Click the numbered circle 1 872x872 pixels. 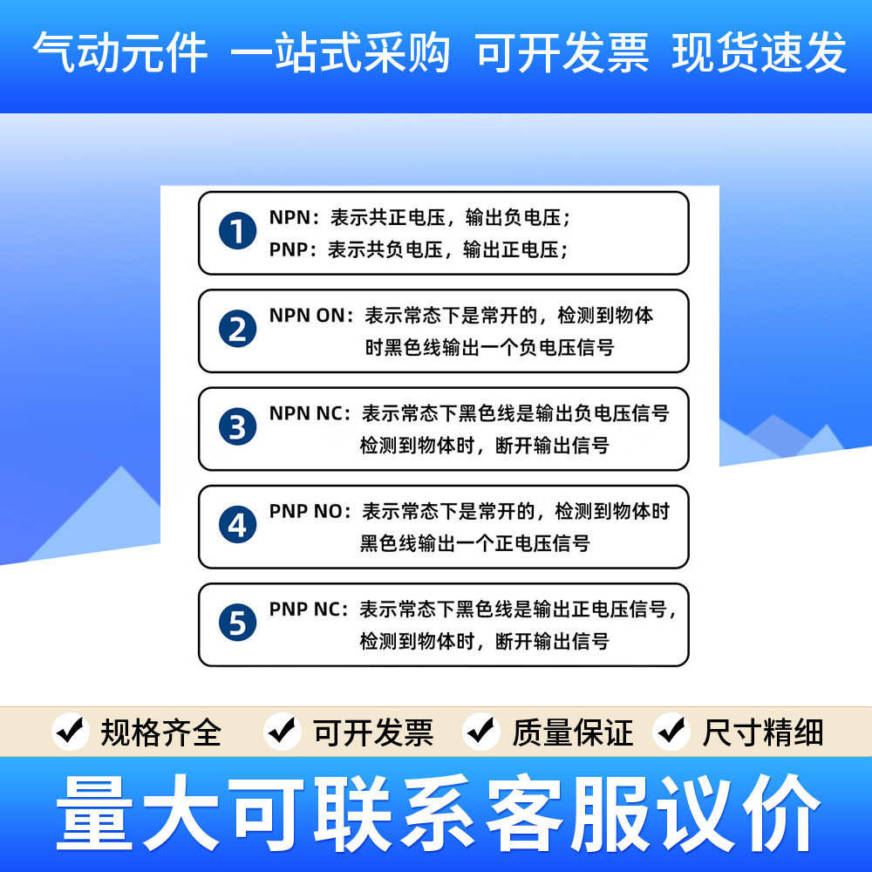click(237, 232)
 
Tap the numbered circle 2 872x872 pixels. click(237, 330)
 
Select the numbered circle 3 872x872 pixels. click(237, 427)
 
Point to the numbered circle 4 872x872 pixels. click(237, 525)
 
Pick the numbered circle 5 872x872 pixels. click(237, 623)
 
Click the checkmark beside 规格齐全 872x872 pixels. click(71, 731)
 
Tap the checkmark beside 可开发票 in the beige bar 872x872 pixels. click(283, 731)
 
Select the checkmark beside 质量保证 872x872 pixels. click(480, 731)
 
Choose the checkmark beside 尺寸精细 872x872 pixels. click(671, 731)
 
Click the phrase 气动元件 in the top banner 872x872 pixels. click(120, 53)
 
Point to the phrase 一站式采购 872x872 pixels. click(340, 53)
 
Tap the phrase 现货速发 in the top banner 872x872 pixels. click(759, 53)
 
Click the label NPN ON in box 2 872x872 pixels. click(308, 315)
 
